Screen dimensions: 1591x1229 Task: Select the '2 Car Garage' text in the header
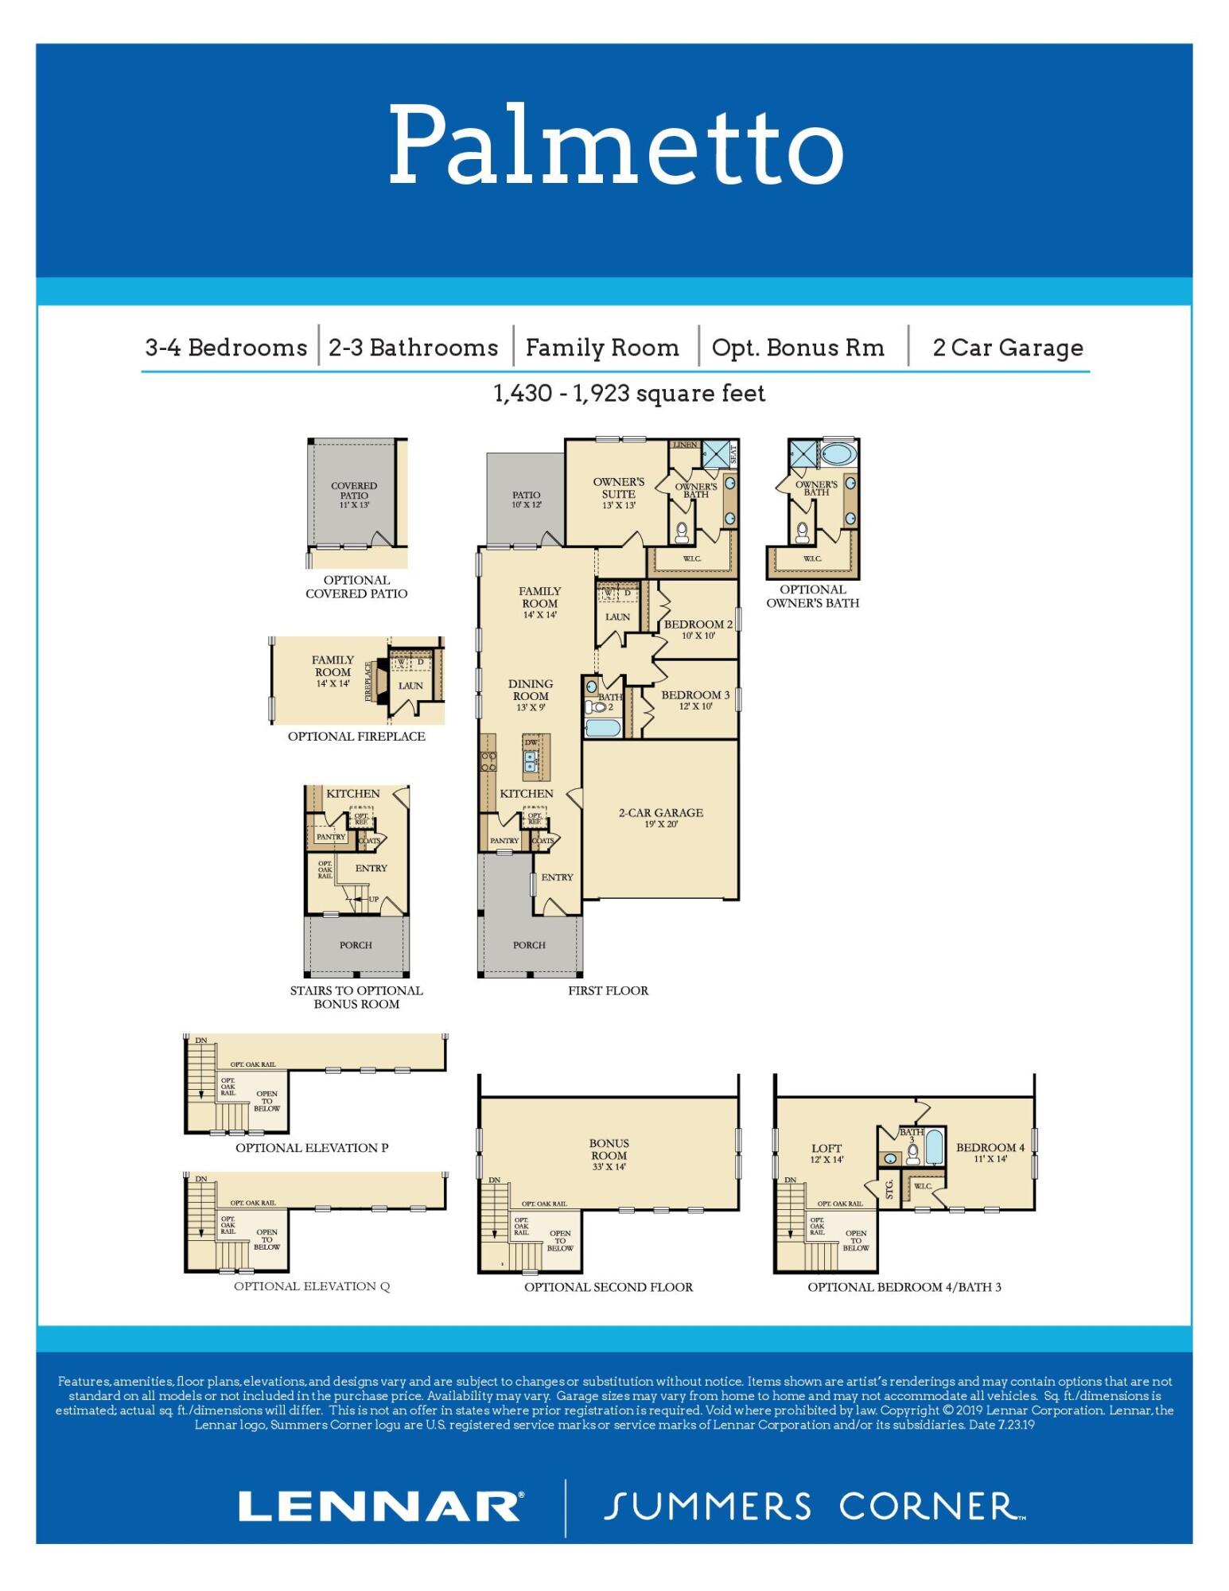pos(1007,348)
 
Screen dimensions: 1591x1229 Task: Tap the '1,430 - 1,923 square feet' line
pos(629,393)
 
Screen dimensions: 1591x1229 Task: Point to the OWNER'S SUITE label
pos(618,488)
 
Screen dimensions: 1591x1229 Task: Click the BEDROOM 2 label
pos(698,624)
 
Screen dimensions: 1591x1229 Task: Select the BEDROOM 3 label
pos(694,695)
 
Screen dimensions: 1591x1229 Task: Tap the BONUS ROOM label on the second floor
pos(609,1149)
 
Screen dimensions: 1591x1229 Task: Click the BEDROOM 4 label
pos(990,1147)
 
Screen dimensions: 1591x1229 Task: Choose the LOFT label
pos(826,1148)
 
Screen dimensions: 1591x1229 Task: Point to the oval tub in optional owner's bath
pos(838,455)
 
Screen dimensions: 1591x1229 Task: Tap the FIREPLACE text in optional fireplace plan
pos(368,681)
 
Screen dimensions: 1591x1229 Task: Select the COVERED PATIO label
pos(354,491)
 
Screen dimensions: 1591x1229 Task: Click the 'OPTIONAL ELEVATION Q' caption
pos(312,1286)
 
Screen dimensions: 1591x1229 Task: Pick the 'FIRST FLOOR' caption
pos(608,990)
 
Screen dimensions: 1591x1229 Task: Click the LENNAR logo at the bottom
pos(380,1507)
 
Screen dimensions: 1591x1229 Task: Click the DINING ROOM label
pos(531,690)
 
